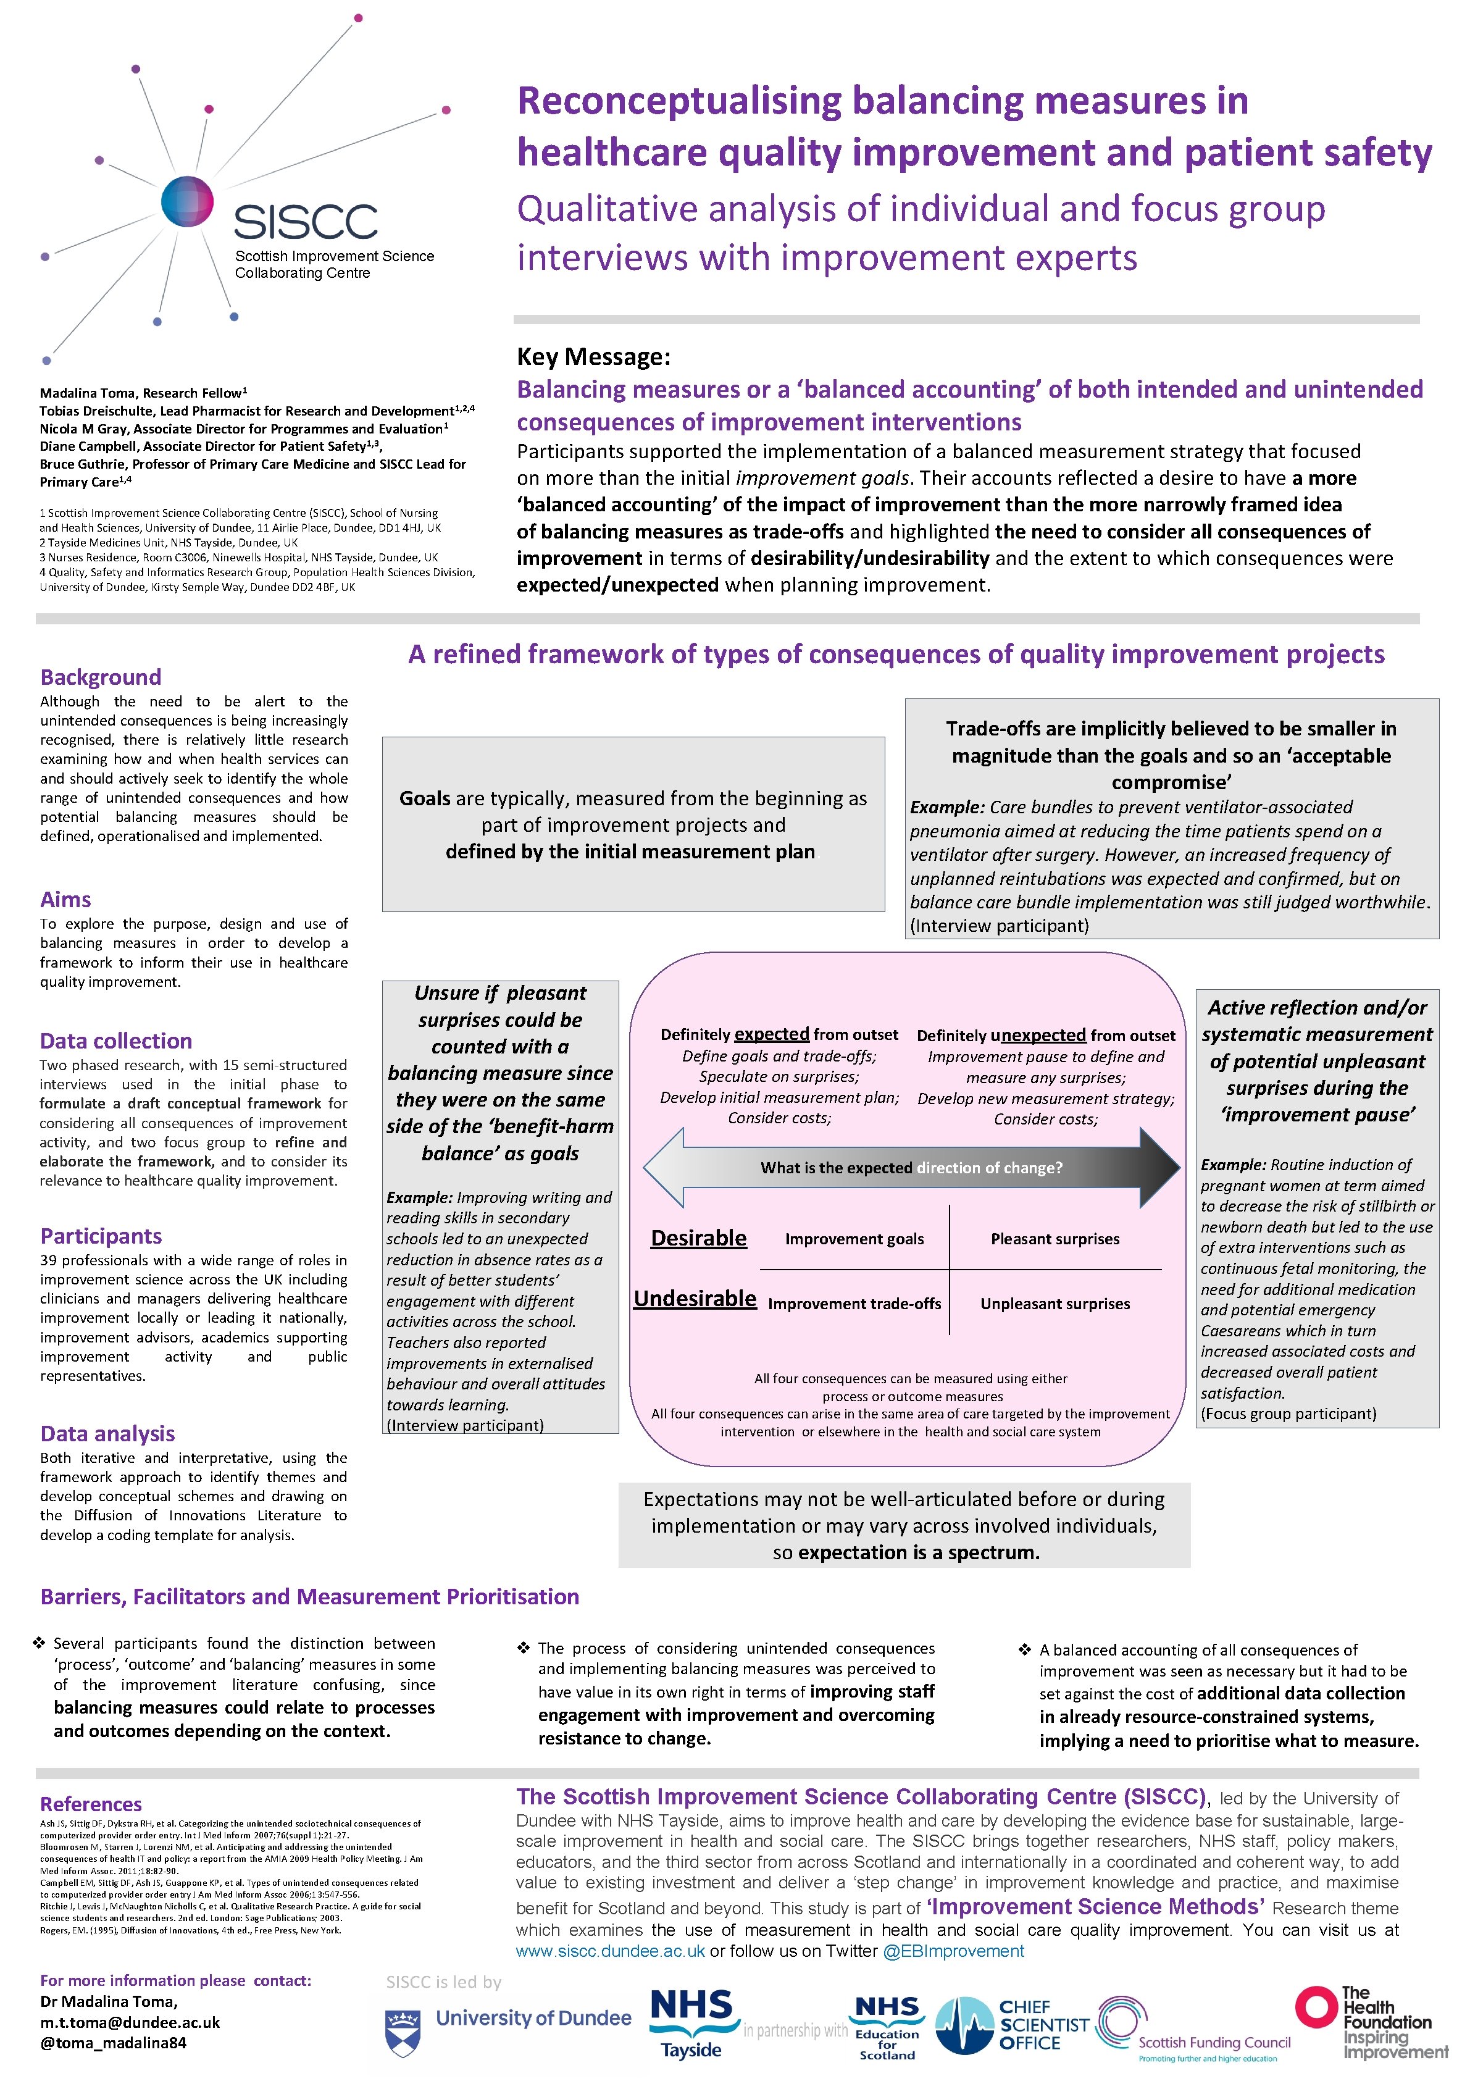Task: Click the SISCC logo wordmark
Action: (x=306, y=221)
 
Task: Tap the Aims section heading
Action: (x=65, y=899)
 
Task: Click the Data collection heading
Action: (x=116, y=1040)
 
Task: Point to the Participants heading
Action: (x=101, y=1236)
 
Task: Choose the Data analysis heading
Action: (x=107, y=1433)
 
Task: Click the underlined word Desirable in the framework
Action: (x=699, y=1238)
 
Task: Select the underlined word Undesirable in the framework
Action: (x=695, y=1299)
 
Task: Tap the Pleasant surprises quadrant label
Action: (x=1055, y=1239)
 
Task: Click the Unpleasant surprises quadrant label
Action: (x=1055, y=1304)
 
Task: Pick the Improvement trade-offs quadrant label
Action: (x=854, y=1304)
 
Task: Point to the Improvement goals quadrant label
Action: (x=854, y=1239)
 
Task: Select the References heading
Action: (x=91, y=1804)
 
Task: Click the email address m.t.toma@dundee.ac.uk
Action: (x=130, y=2022)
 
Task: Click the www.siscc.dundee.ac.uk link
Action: (x=610, y=1951)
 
